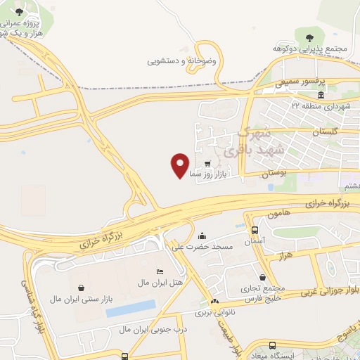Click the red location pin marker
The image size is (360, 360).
click(180, 165)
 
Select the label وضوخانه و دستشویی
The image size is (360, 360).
click(183, 62)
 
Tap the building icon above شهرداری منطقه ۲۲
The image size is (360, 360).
click(321, 95)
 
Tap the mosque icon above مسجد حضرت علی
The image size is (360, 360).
click(202, 236)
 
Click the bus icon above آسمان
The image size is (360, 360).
click(254, 229)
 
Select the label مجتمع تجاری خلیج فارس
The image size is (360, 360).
click(263, 293)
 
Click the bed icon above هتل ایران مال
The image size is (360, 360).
click(160, 271)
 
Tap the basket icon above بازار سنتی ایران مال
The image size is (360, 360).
click(82, 288)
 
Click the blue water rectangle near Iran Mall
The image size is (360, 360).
click(130, 308)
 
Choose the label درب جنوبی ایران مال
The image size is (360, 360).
click(141, 329)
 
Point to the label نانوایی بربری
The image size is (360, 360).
click(213, 310)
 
